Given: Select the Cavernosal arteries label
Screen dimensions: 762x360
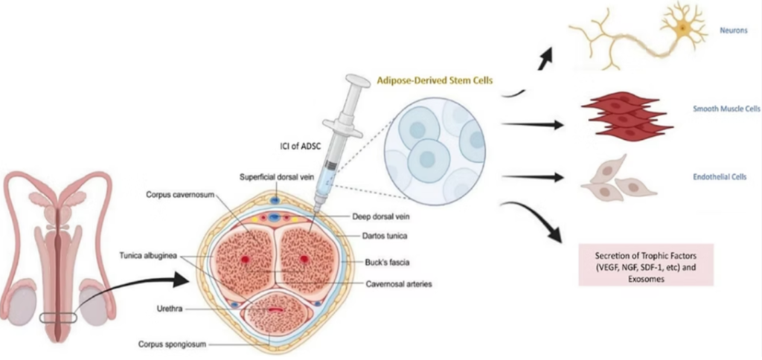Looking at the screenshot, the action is pyautogui.click(x=398, y=283).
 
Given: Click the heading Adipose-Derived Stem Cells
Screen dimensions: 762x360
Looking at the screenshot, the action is pyautogui.click(x=435, y=80).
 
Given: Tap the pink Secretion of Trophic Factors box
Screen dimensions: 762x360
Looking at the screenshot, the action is pyautogui.click(x=645, y=264).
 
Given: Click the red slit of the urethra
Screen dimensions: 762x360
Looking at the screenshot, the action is pyautogui.click(x=275, y=309).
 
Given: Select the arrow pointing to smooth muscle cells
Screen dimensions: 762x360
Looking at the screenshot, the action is pyautogui.click(x=533, y=125).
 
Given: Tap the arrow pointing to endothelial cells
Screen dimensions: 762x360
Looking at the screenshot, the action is pyautogui.click(x=533, y=177).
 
